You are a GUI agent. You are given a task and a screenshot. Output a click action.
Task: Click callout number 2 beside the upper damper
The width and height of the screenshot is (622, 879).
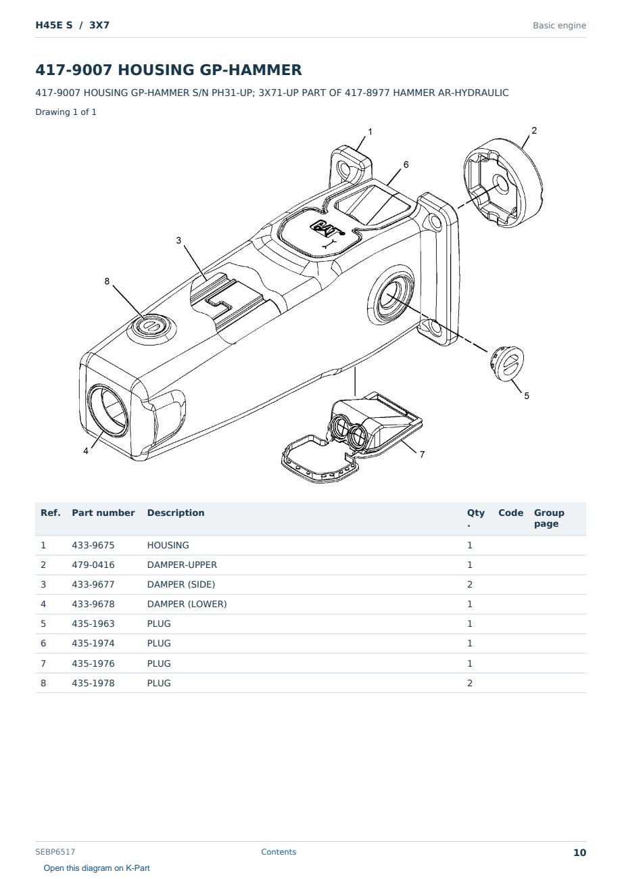coord(533,130)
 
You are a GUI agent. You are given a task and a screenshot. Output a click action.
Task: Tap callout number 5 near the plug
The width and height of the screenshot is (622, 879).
coord(527,396)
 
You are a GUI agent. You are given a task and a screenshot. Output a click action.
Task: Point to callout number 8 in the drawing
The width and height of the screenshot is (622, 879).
coord(107,281)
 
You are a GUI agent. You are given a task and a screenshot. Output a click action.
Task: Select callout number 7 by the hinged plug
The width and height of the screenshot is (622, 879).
coord(422,454)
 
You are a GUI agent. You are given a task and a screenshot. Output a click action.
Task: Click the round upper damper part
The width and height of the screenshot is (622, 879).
coord(503,183)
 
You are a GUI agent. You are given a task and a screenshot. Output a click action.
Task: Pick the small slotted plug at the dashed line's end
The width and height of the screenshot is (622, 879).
coord(507,363)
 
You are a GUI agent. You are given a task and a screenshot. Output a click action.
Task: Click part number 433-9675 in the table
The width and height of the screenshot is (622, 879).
coord(93,545)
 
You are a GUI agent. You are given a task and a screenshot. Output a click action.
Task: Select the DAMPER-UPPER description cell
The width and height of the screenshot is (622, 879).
coord(182,565)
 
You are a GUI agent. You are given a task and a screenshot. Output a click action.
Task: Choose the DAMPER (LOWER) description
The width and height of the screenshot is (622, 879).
coord(187,604)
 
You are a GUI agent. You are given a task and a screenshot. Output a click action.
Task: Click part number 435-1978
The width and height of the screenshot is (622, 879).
coord(93,683)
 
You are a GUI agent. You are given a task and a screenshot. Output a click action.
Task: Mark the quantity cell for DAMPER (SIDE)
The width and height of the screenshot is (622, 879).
coord(470,584)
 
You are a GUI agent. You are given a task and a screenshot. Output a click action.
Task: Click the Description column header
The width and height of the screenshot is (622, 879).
coord(175,513)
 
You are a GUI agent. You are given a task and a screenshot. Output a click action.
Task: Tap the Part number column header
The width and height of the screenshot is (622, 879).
coord(103,513)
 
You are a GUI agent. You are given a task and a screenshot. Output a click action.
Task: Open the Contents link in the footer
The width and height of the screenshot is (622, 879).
coord(279,852)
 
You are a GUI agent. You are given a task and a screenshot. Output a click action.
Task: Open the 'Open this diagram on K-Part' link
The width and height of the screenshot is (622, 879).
coord(97,868)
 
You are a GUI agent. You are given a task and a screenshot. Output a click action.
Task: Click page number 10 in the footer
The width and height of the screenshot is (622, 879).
coord(579,853)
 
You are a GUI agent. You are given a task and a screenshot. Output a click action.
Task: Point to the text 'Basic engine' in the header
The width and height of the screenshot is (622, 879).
coord(559,26)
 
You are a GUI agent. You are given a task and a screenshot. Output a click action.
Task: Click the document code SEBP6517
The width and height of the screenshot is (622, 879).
coord(55,852)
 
